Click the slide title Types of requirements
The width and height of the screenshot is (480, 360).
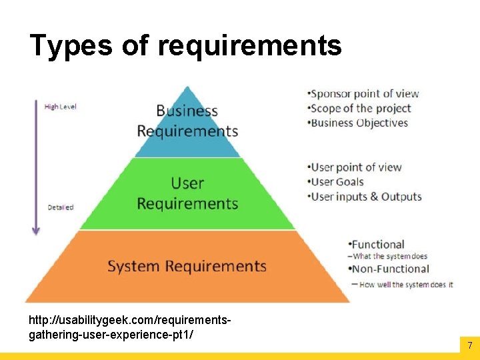point(185,46)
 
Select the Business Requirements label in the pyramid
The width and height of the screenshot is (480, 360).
point(187,121)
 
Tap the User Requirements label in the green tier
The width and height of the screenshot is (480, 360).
point(187,193)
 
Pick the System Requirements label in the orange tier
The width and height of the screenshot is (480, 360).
point(187,266)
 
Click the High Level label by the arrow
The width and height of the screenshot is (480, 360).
point(61,107)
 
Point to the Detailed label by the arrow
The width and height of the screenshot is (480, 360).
point(61,207)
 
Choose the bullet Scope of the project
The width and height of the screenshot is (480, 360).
point(361,109)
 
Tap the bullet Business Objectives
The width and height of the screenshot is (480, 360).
point(359,123)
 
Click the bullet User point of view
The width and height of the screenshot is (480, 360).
point(356,167)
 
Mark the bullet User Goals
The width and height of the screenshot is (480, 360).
point(337,182)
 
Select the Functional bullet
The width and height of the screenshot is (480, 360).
point(377,244)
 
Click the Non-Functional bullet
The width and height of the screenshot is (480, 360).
point(390,269)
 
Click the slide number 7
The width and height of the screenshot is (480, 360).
point(469,345)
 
